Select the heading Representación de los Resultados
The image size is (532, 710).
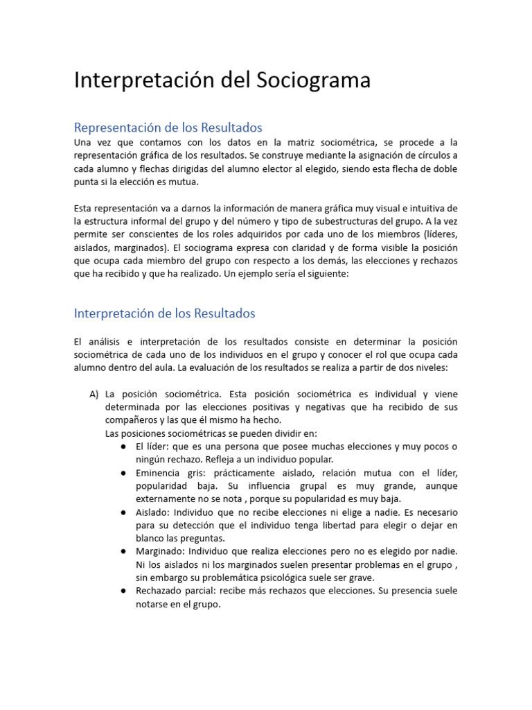point(168,128)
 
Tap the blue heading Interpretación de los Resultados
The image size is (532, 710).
point(164,313)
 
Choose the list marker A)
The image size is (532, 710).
point(95,394)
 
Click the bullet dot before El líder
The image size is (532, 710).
point(121,447)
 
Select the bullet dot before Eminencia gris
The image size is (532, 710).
point(121,473)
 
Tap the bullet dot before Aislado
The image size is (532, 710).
point(121,512)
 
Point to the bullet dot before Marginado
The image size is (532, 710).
point(121,551)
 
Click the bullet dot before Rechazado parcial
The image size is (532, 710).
point(121,591)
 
